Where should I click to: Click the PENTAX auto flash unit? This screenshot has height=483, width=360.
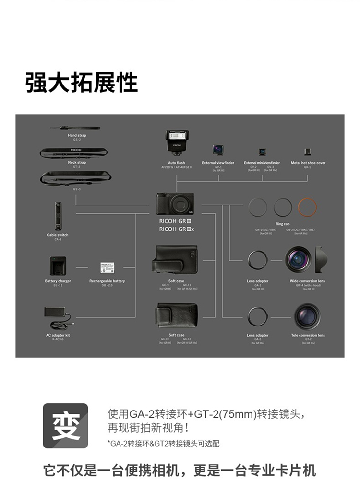(177, 142)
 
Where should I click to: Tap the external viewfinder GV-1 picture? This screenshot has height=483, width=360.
(218, 149)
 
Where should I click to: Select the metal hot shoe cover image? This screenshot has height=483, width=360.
(308, 151)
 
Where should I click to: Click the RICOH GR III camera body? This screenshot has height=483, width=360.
(175, 204)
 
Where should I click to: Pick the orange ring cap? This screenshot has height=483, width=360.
(307, 207)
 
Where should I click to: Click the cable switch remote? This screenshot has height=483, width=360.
(58, 216)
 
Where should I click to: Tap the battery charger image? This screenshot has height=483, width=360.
(58, 266)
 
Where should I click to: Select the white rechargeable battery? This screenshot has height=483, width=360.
(107, 267)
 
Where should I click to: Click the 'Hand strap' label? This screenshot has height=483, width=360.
(77, 136)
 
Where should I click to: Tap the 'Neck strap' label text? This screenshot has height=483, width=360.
(77, 163)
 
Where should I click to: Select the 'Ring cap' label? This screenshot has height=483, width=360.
(283, 224)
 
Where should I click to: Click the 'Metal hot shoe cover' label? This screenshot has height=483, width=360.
(308, 163)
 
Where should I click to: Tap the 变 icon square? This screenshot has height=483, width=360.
(65, 426)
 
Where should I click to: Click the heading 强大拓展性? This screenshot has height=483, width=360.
(82, 83)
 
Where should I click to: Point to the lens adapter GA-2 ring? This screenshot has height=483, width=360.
(257, 317)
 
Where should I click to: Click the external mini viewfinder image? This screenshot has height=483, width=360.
(263, 152)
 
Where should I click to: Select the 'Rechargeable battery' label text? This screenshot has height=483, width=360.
(107, 281)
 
